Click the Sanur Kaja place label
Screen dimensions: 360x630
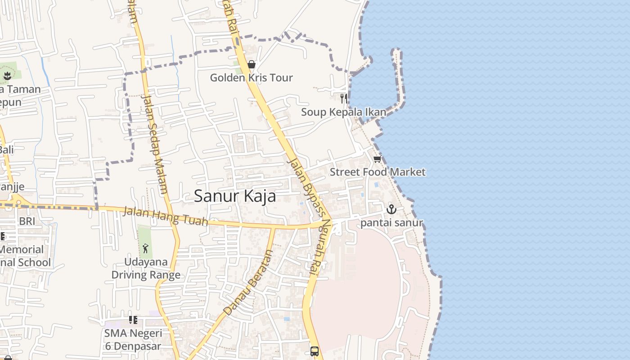click(x=235, y=196)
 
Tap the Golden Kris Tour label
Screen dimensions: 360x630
click(x=251, y=78)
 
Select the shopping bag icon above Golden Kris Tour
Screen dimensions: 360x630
click(x=252, y=65)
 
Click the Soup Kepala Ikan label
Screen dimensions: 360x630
click(x=343, y=112)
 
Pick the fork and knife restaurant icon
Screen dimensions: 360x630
click(x=344, y=98)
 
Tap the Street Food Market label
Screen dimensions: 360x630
click(x=377, y=172)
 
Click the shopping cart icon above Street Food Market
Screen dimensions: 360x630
click(x=377, y=159)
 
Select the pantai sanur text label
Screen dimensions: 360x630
click(x=391, y=223)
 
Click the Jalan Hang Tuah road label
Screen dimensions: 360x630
click(x=166, y=216)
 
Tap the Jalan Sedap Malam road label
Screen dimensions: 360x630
click(x=154, y=143)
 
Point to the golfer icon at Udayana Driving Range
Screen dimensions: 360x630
click(x=145, y=248)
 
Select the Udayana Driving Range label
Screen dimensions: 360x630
click(x=146, y=268)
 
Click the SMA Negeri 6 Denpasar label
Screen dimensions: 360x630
click(x=133, y=340)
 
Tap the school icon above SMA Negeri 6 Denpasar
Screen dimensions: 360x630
click(x=133, y=320)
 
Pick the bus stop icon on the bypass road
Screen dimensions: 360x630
click(x=315, y=351)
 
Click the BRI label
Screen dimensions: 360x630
click(x=27, y=221)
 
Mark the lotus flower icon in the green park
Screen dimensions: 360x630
click(x=7, y=76)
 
